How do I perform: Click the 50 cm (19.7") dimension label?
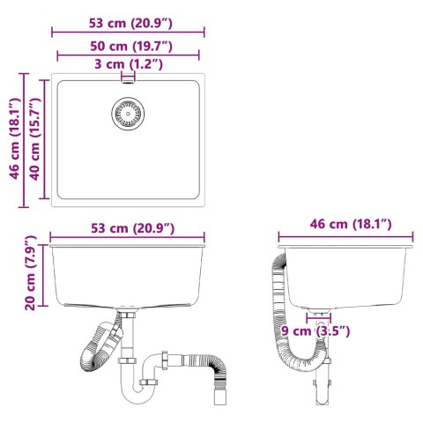coord(129,44)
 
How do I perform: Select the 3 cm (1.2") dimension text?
coord(129,64)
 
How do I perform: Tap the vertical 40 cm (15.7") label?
coord(36,140)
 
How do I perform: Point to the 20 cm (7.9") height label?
coord(32,272)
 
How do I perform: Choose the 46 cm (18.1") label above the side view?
coord(346,225)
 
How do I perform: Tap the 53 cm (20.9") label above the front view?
coord(129,228)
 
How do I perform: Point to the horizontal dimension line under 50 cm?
coord(129,55)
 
